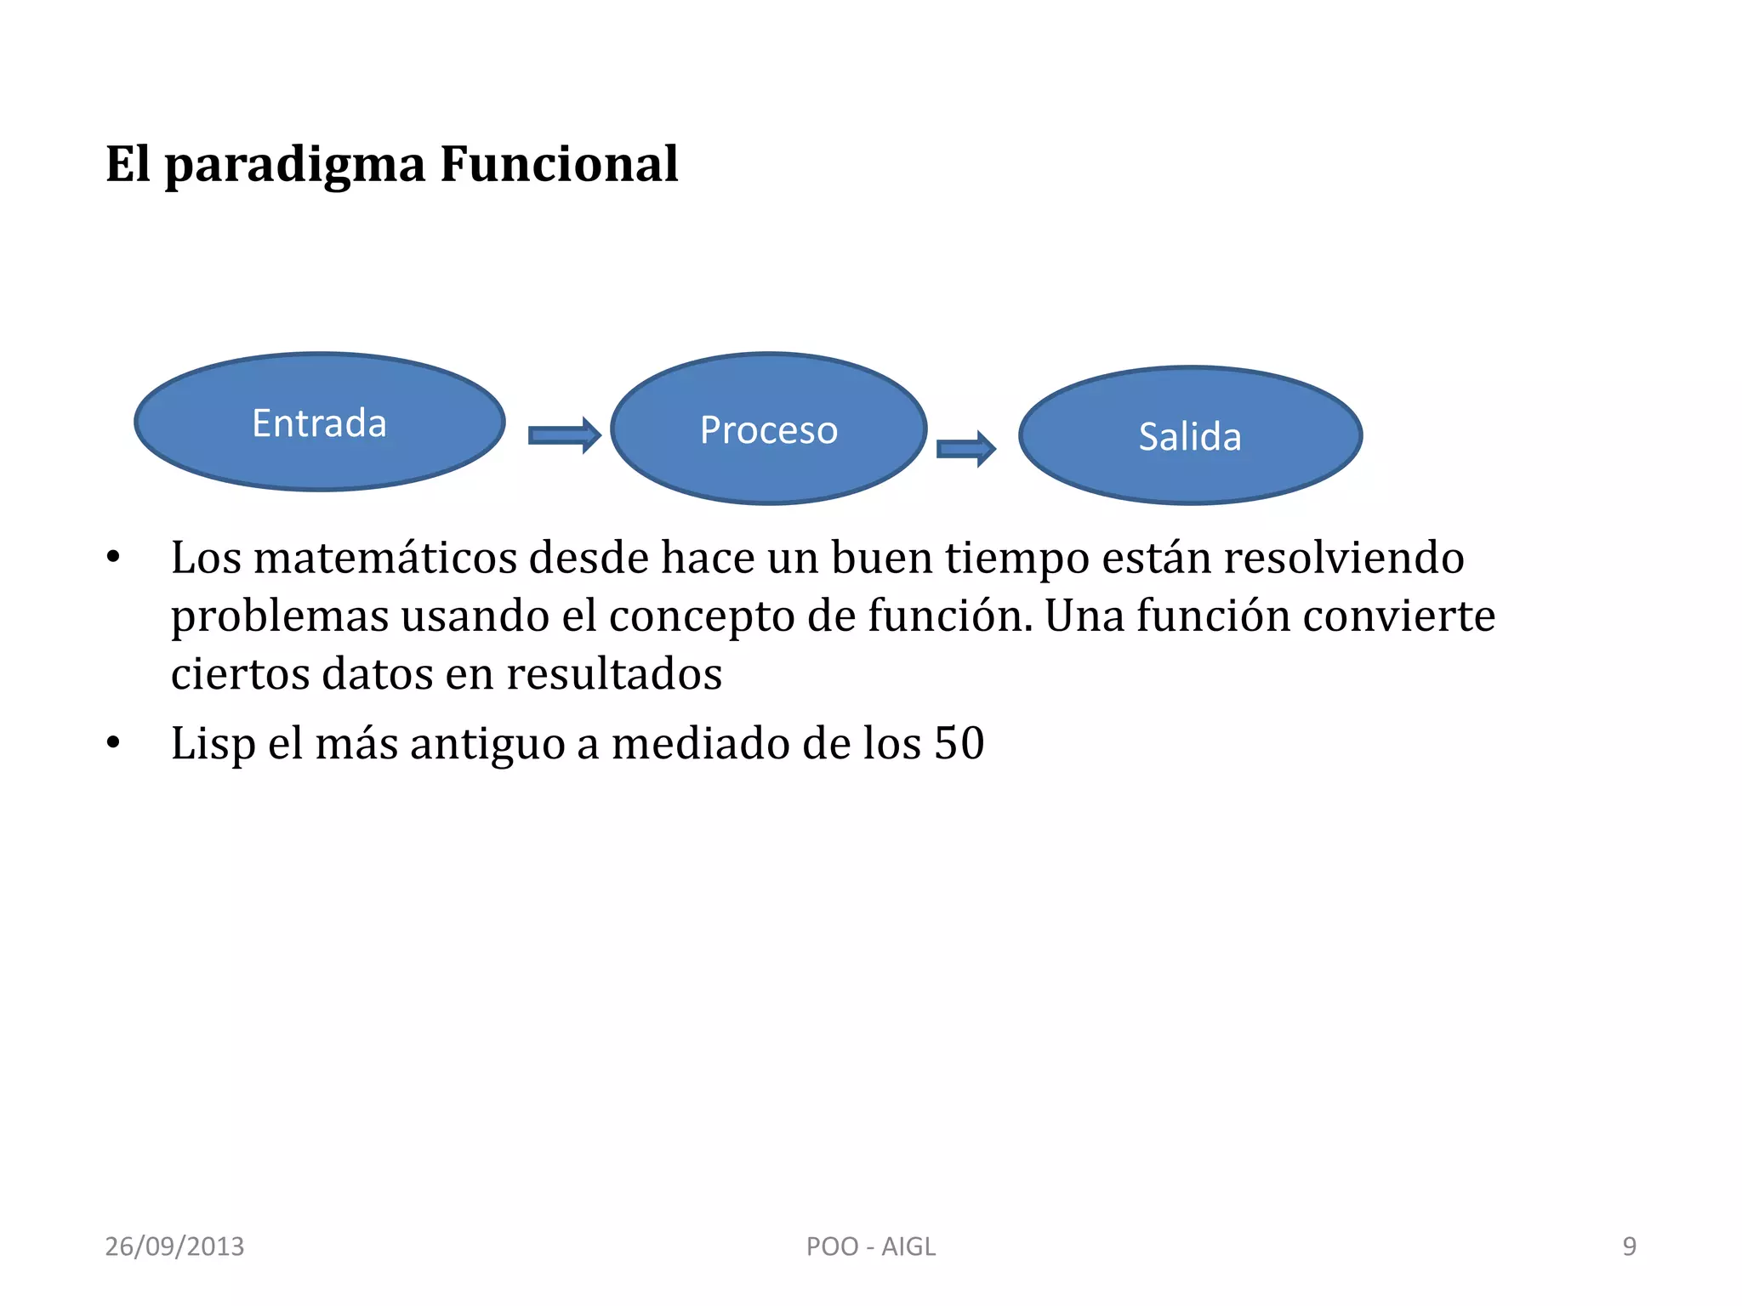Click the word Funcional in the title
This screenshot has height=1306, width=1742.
pos(559,164)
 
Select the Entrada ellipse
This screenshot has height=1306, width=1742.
pos(320,423)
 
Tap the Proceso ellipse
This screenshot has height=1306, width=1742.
pos(768,429)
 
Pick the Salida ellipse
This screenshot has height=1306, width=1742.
pos(1190,436)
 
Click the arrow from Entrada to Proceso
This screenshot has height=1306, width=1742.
pos(564,435)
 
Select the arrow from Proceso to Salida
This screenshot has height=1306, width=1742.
pos(965,448)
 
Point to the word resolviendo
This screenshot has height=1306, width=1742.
pos(1343,559)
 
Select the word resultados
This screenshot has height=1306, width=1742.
pos(614,674)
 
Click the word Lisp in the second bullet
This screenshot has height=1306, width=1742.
pos(213,744)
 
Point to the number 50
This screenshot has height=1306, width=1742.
pos(959,744)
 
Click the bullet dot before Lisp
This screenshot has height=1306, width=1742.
pos(113,744)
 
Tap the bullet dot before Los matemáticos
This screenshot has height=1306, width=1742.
pos(113,559)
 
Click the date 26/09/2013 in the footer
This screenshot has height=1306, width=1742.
pos(174,1246)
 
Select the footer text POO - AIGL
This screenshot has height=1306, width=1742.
pos(870,1246)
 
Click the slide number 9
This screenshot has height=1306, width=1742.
pos(1629,1246)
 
